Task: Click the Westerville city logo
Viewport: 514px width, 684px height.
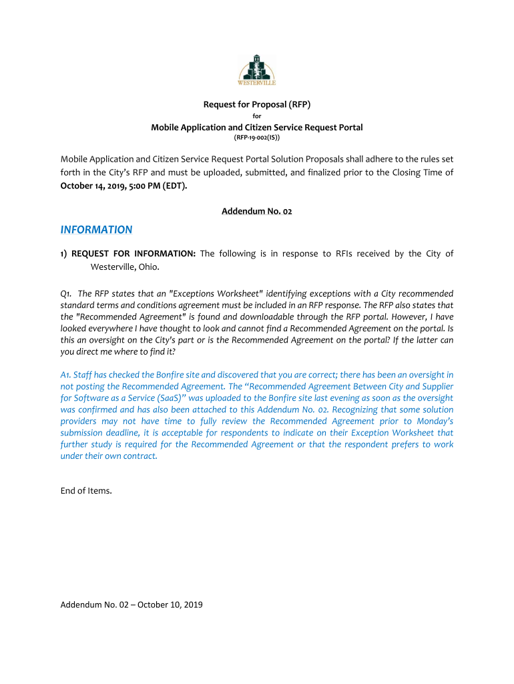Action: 257,69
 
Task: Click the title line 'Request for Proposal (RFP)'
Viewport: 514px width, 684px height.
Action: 257,104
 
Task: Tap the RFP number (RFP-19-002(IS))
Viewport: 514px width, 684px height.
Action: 257,138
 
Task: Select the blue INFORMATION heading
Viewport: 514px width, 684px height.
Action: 96,230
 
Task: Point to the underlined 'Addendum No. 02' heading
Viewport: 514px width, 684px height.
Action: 257,211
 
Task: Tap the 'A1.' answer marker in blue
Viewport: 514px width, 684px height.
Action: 67,375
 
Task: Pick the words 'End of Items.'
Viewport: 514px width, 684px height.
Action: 86,491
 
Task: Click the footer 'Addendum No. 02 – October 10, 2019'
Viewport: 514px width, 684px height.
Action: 132,605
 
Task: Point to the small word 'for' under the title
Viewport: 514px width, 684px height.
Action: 257,116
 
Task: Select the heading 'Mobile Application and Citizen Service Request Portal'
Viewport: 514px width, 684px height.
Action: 257,127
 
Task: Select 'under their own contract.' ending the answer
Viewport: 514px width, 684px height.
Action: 109,456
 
